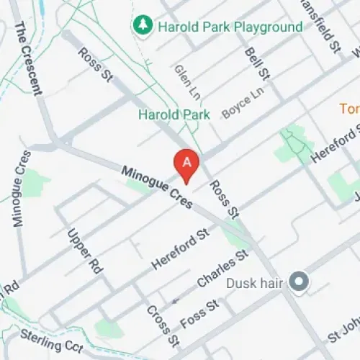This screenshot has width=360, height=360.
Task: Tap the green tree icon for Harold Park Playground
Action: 141,26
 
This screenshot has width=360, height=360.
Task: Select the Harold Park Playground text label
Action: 229,27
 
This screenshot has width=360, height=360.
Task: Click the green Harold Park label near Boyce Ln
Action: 174,114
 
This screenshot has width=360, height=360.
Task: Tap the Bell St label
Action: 257,63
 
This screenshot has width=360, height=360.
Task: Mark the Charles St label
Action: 222,269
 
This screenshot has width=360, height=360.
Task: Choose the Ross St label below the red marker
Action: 223,199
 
